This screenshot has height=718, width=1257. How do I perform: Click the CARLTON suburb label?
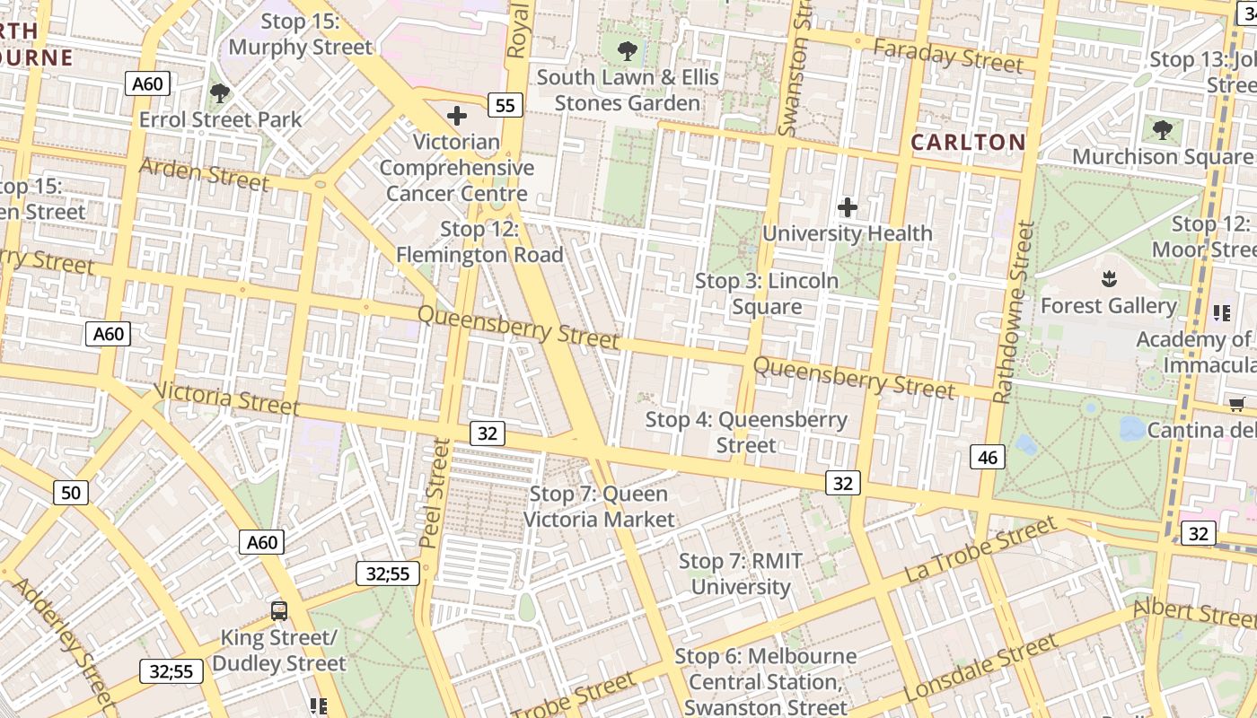(x=968, y=142)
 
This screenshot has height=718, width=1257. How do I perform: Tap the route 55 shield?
(x=505, y=105)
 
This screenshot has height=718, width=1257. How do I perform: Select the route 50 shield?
(x=71, y=492)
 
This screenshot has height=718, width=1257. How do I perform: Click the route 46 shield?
(x=987, y=458)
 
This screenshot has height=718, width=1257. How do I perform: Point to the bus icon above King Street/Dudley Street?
(x=279, y=611)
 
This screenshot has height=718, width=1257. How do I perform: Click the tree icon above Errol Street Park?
(x=219, y=92)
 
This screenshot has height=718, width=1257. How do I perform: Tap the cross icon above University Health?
(x=847, y=208)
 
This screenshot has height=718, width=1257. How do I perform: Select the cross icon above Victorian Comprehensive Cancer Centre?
(x=456, y=115)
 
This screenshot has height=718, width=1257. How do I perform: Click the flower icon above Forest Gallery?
(x=1109, y=279)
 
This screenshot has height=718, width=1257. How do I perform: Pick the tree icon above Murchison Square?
(x=1162, y=130)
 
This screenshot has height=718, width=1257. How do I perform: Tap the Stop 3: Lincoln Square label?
(x=767, y=293)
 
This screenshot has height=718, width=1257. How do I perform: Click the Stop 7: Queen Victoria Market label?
(x=599, y=506)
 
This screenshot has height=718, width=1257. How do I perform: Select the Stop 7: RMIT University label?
(x=741, y=574)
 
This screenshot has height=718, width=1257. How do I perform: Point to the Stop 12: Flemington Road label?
(x=479, y=242)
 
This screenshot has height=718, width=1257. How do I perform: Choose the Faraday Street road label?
(x=948, y=57)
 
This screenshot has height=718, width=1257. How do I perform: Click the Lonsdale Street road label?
(x=980, y=670)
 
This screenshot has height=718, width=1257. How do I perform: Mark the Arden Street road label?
(x=204, y=173)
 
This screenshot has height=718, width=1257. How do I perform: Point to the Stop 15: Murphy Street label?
(x=300, y=34)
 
